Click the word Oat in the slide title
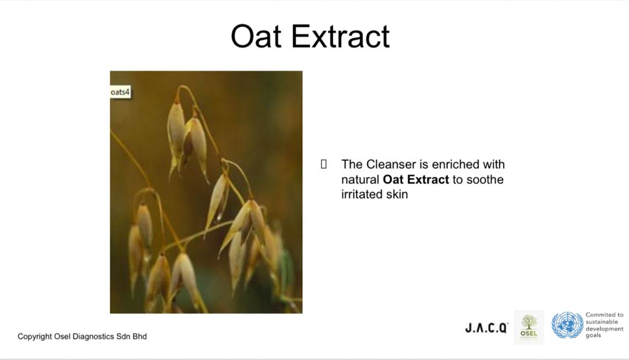255,37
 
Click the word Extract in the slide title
340,37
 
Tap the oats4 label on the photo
120,92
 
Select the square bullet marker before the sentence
324,164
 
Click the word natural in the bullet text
361,179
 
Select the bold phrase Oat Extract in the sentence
416,179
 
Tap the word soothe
485,179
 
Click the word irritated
362,194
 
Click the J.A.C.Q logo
486,328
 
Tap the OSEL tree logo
529,327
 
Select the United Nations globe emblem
567,325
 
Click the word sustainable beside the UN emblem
602,322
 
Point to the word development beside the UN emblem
605,329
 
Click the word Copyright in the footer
34,336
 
